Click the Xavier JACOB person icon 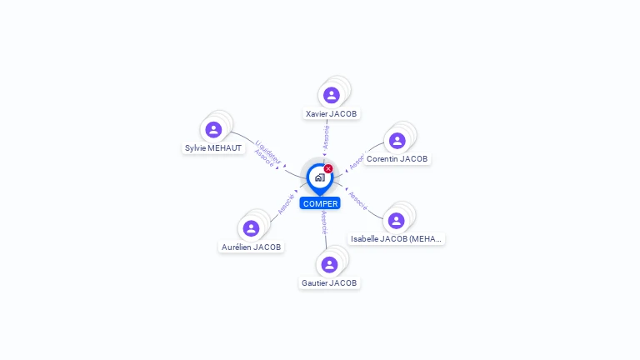pos(332,95)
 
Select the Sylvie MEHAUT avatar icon pos(213,129)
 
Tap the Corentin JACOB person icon pos(397,140)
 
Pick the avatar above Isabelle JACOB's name pos(396,220)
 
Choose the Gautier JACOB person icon pos(329,264)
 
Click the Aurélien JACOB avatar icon pos(251,228)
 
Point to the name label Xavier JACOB pos(332,113)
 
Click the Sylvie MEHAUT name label pos(213,148)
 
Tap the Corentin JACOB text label pos(397,159)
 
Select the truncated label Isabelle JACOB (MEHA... pos(396,238)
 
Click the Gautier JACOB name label pos(329,283)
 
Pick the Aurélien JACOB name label pos(251,247)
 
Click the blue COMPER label pos(320,203)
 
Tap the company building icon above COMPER pos(319,177)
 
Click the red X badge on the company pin pos(328,168)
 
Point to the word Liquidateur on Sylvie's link pos(269,151)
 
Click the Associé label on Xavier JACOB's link pos(326,137)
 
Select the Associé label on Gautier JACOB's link pos(323,222)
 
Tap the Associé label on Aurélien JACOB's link pos(286,203)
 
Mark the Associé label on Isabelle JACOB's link pos(358,200)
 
